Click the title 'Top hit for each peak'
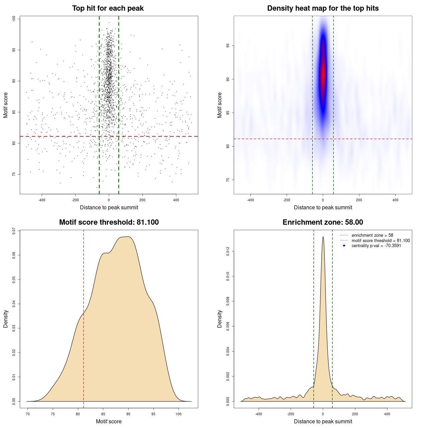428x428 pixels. coord(108,8)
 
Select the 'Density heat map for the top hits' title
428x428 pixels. coord(323,8)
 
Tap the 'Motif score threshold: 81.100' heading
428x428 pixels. coord(109,222)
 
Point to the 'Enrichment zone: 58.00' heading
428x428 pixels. coord(323,222)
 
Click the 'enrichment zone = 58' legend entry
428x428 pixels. coord(372,235)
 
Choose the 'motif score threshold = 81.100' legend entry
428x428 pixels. coord(381,240)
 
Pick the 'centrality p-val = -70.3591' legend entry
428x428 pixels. coord(376,246)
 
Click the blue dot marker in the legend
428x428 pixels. coord(344,246)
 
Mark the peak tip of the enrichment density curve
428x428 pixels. coord(323,237)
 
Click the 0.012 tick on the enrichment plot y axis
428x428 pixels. coord(228,251)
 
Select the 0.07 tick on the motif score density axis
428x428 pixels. coord(14,231)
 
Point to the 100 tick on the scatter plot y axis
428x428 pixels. coord(14,19)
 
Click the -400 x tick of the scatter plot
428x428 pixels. coord(42,200)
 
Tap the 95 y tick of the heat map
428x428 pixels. coord(228,45)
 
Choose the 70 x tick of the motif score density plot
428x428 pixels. coord(28,414)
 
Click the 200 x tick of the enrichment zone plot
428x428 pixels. coord(355,414)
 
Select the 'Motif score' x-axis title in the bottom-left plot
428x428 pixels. coord(109,421)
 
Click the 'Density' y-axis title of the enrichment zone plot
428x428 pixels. coord(220,319)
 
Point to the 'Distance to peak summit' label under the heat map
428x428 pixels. coord(323,207)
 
